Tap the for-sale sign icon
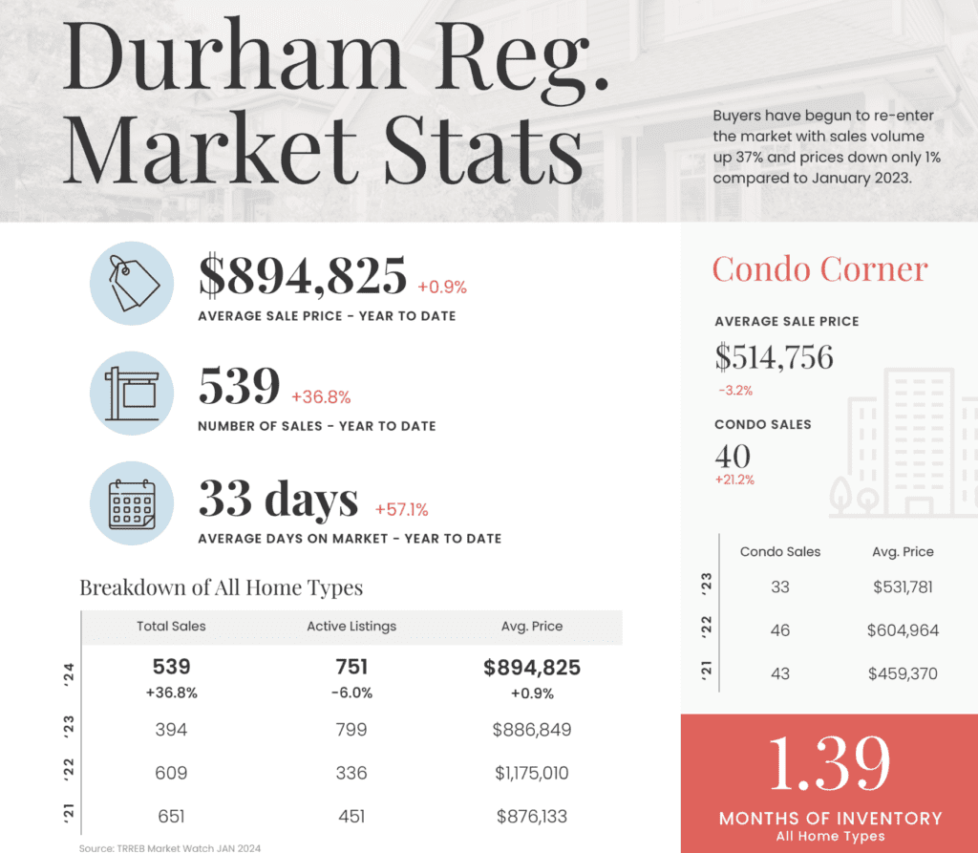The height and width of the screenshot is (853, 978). (132, 393)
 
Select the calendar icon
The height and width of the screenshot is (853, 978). (132, 505)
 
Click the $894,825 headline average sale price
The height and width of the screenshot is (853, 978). (303, 276)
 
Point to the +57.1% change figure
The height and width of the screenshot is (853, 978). (402, 509)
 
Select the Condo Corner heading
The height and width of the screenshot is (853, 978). (819, 269)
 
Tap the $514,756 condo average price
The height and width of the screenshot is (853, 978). (774, 357)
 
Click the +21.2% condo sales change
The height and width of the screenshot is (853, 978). (734, 480)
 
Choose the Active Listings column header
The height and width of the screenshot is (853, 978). (351, 627)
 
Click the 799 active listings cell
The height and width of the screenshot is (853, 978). (351, 730)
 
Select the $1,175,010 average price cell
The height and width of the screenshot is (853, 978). (532, 773)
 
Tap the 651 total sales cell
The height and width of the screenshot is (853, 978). (171, 816)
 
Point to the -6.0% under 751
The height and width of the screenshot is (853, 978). (351, 693)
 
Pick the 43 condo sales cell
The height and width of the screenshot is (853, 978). (780, 673)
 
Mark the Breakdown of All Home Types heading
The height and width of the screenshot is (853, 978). (221, 586)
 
